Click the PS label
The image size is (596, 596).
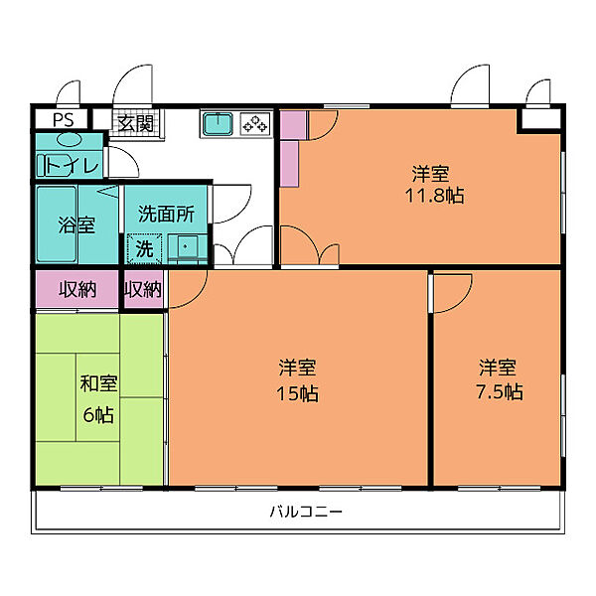click(x=64, y=120)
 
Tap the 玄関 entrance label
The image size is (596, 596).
click(x=136, y=123)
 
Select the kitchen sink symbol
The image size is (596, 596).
click(x=218, y=123)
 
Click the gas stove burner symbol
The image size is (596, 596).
click(x=255, y=123)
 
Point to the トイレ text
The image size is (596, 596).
click(x=72, y=166)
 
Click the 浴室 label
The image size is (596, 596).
click(x=76, y=224)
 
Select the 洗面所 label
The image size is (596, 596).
click(x=166, y=214)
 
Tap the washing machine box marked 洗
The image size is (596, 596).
click(x=144, y=248)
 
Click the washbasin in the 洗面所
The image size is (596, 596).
click(x=185, y=247)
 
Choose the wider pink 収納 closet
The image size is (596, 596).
click(x=77, y=289)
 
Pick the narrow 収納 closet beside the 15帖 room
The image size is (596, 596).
click(x=143, y=289)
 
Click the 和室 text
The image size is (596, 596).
click(x=98, y=383)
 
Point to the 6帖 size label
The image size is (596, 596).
click(x=98, y=414)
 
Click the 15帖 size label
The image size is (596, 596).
click(x=297, y=393)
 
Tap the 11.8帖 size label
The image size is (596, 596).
click(x=434, y=196)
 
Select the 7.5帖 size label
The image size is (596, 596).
click(x=500, y=392)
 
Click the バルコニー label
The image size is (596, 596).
click(x=306, y=512)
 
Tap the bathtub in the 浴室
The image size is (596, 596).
click(x=57, y=223)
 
